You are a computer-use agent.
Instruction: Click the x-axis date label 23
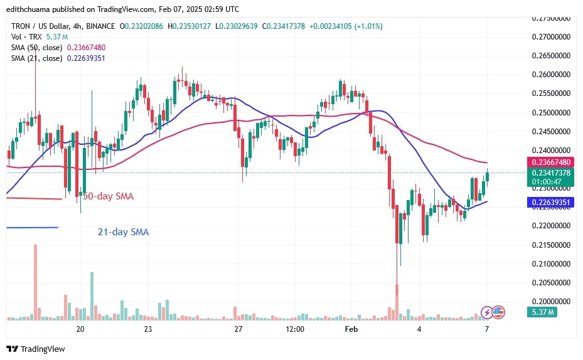click(x=148, y=329)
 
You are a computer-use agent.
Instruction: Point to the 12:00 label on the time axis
click(x=294, y=329)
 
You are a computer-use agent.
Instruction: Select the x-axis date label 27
click(x=238, y=329)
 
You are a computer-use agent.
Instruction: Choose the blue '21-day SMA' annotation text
click(x=123, y=232)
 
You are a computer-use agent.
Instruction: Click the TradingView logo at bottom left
click(x=36, y=349)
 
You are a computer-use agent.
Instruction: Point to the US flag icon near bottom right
click(x=498, y=312)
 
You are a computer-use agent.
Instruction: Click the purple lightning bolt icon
click(x=486, y=312)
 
